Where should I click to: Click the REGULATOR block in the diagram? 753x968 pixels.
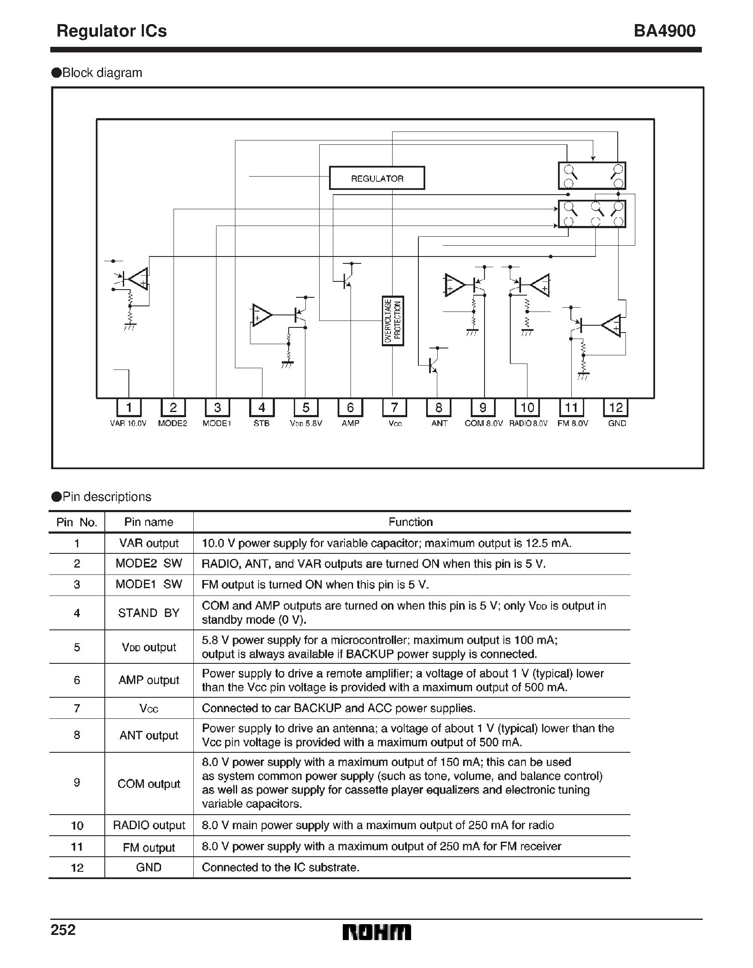click(x=377, y=178)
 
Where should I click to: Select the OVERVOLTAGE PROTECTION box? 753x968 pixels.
click(x=393, y=321)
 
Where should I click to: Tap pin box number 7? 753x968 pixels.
click(x=394, y=407)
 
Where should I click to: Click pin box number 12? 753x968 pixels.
click(x=616, y=407)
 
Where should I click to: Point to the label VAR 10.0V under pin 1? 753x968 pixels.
click(x=128, y=423)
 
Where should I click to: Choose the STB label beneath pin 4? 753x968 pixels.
click(x=262, y=423)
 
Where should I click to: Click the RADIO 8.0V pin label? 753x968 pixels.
click(x=528, y=423)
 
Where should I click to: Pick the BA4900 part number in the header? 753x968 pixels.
click(x=664, y=31)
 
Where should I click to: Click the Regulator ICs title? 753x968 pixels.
click(x=112, y=31)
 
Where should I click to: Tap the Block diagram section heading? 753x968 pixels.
click(x=102, y=73)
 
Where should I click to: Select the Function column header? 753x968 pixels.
click(x=410, y=522)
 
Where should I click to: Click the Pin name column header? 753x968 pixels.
click(x=149, y=522)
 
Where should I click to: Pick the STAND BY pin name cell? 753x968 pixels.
click(x=149, y=613)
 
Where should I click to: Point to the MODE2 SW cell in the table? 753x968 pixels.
click(x=149, y=563)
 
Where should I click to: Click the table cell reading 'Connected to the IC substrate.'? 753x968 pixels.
click(x=280, y=867)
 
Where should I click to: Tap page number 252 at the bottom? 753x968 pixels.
click(x=63, y=929)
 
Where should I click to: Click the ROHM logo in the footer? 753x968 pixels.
click(x=377, y=932)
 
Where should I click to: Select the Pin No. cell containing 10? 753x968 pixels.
click(x=76, y=825)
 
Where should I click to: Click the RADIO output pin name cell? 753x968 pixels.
click(x=149, y=825)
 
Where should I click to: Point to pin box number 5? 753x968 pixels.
click(x=306, y=407)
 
